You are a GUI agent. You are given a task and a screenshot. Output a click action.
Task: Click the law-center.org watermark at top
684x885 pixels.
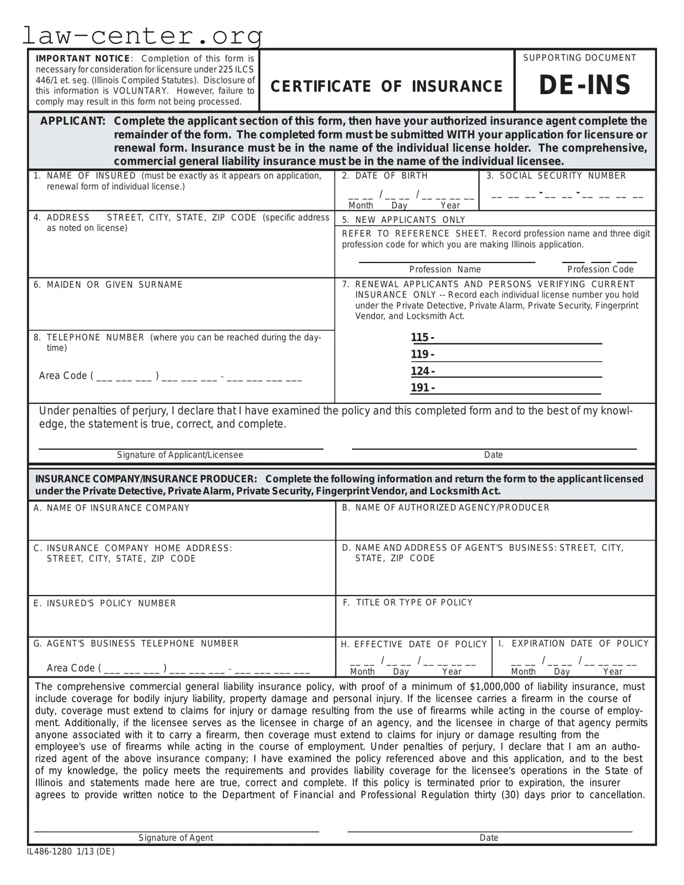tap(142, 36)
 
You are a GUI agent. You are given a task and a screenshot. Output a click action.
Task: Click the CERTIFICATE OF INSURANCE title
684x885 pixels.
tap(387, 86)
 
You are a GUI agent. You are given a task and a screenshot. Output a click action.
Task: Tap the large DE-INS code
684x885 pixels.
tap(585, 86)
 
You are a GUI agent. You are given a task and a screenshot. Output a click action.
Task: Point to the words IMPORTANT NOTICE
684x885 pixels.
tap(83, 59)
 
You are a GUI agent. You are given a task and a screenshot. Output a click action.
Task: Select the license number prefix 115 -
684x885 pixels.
tap(422, 338)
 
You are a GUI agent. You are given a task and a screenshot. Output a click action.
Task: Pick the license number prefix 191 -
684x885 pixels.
tap(422, 388)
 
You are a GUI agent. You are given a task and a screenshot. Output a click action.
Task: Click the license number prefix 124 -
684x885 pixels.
tap(422, 371)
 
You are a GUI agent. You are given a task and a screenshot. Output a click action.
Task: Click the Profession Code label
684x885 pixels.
tap(600, 269)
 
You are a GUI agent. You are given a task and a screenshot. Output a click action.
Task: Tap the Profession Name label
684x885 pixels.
tap(445, 269)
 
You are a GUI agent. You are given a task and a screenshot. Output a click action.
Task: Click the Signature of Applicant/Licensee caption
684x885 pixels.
tap(180, 455)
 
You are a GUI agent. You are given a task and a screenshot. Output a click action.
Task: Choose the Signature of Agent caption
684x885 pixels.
tap(176, 838)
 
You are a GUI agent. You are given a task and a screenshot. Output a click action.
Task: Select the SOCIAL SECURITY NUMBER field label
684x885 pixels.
tap(562, 176)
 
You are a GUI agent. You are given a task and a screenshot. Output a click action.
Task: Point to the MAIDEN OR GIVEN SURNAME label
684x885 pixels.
tap(114, 285)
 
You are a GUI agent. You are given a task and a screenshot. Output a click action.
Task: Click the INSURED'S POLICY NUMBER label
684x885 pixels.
tap(111, 603)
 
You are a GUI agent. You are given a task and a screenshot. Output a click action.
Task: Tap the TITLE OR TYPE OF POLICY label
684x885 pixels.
tap(414, 602)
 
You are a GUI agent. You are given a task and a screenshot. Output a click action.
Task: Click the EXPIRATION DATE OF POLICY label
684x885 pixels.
tap(580, 644)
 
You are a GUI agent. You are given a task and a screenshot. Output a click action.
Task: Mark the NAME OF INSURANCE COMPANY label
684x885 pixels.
tap(118, 508)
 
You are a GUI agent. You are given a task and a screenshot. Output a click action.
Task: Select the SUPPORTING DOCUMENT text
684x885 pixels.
tap(579, 58)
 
